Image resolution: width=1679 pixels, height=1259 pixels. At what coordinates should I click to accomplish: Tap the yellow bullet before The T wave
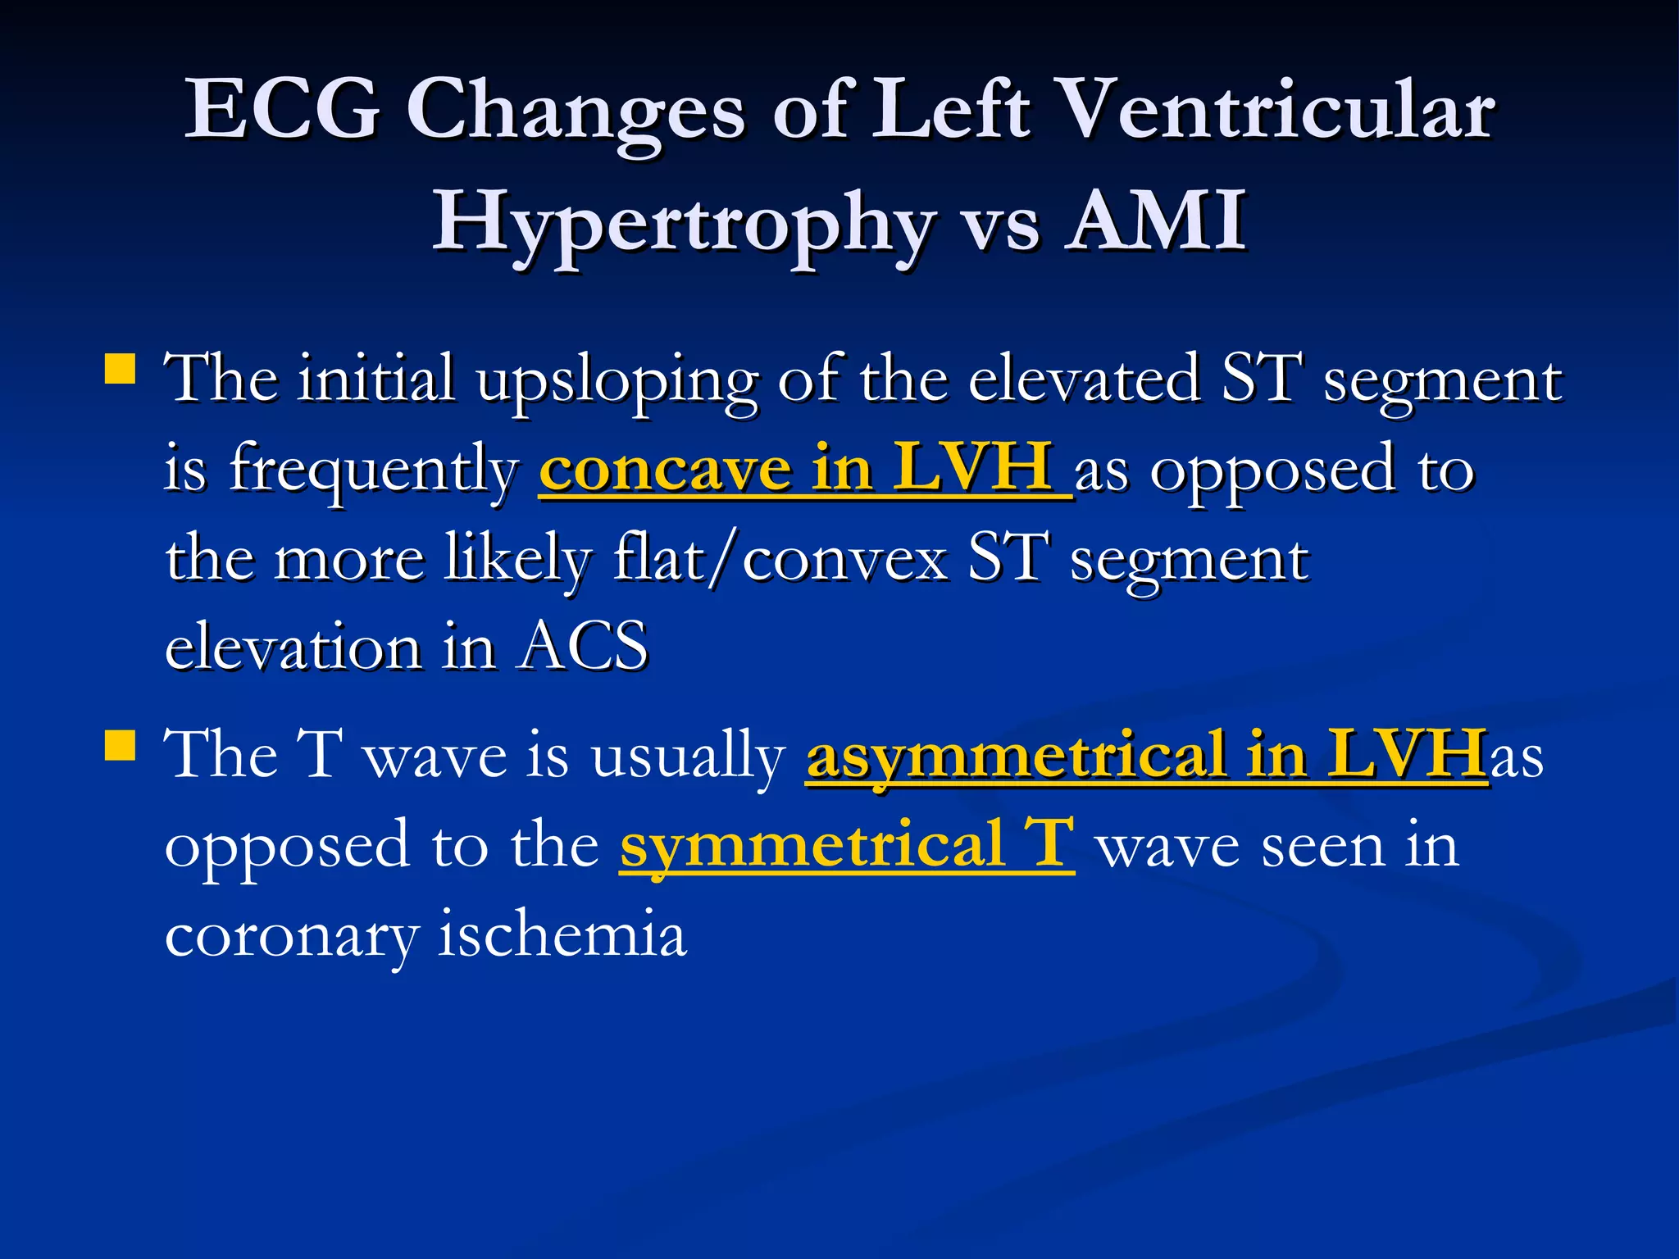(121, 746)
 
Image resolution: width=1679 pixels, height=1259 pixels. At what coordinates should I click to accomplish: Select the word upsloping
(617, 382)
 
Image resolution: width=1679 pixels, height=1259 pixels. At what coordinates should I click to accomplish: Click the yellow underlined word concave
(664, 469)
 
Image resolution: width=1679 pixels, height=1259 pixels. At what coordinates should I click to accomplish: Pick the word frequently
(374, 472)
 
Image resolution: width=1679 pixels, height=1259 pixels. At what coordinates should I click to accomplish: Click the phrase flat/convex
(780, 559)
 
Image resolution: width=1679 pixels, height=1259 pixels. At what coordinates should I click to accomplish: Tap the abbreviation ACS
(584, 646)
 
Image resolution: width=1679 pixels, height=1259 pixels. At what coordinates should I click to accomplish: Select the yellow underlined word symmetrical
(812, 846)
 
